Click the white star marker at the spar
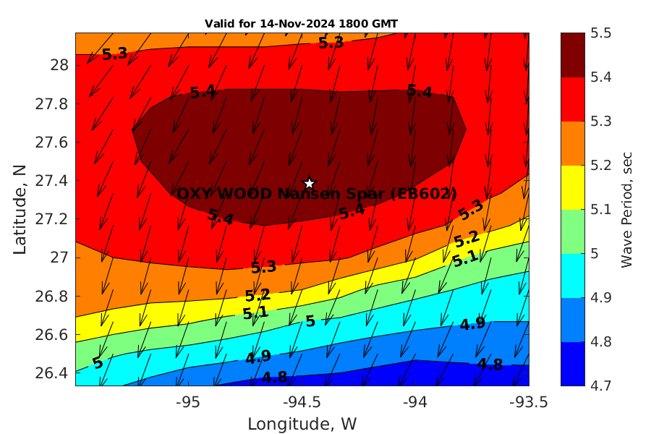click(x=310, y=184)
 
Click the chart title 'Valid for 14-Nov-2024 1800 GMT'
click(x=301, y=24)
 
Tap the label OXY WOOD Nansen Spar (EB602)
click(x=317, y=194)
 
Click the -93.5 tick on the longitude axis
click(x=528, y=401)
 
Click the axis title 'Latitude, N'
click(x=20, y=208)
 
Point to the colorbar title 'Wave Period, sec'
click(x=626, y=209)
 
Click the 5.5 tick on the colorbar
click(x=602, y=33)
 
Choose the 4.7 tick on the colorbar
click(x=602, y=386)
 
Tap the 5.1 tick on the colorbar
click(x=602, y=210)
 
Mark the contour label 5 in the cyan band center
click(x=310, y=321)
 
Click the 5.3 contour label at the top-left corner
click(x=114, y=54)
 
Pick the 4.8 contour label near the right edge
click(x=490, y=364)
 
